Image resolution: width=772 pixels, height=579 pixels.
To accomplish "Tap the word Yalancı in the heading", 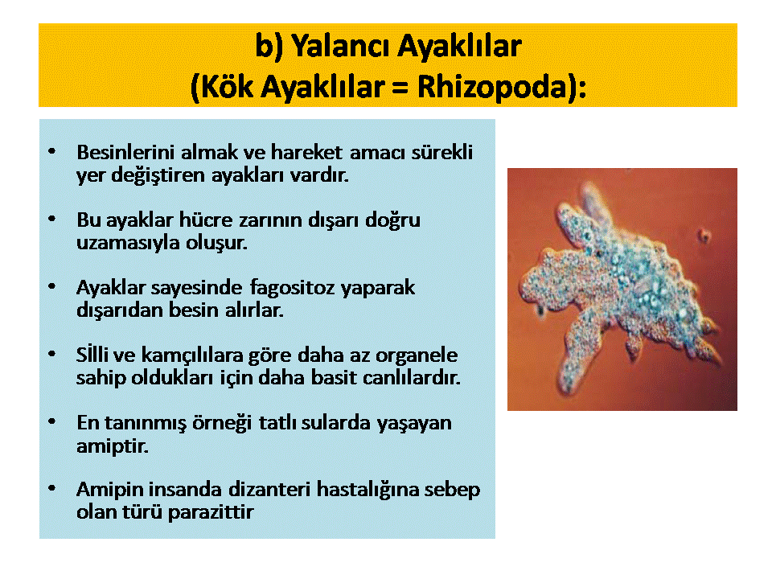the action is [x=341, y=47].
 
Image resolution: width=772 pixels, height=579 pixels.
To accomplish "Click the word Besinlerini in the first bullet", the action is [x=125, y=152].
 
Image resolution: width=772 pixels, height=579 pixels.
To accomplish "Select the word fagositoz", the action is [x=292, y=288].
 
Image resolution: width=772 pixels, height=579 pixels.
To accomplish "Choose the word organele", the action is [x=417, y=355].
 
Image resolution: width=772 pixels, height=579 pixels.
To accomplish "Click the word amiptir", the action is [x=113, y=446].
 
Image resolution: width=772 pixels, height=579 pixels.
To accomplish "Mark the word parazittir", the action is [x=211, y=513].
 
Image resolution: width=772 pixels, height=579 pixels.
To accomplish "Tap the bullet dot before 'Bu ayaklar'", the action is [x=51, y=219].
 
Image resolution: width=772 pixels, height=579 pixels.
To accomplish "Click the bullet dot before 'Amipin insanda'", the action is [x=51, y=489].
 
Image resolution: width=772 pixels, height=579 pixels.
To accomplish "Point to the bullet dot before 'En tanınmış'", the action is [x=51, y=422].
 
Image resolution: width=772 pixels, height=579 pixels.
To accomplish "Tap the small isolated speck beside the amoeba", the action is [x=704, y=236].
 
